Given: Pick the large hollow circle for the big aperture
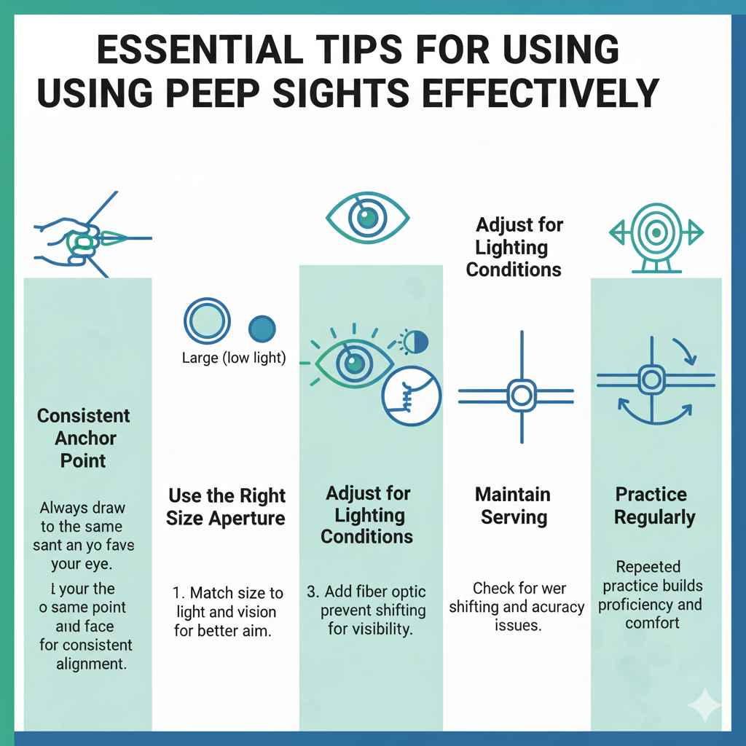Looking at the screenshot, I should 208,322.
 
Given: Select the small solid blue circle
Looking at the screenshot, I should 262,329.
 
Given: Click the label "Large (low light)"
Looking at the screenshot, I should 234,358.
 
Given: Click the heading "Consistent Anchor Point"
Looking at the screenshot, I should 83,438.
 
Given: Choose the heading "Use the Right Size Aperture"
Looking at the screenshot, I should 227,507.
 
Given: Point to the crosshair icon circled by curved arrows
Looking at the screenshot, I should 650,379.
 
